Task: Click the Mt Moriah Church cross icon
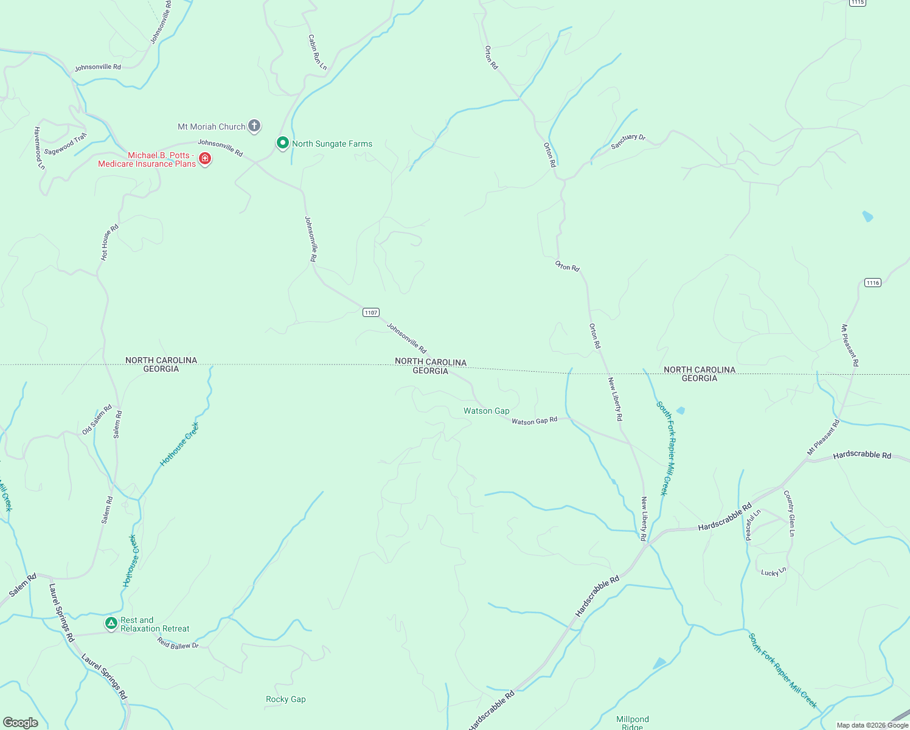pyautogui.click(x=254, y=126)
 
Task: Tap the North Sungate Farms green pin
pyautogui.click(x=282, y=143)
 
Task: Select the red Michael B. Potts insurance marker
pyautogui.click(x=205, y=159)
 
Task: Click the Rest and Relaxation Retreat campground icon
pyautogui.click(x=111, y=623)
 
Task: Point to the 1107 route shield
pyautogui.click(x=371, y=312)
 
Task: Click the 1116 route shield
pyautogui.click(x=872, y=282)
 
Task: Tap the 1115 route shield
pyautogui.click(x=857, y=2)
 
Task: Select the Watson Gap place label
pyautogui.click(x=486, y=411)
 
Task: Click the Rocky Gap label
pyautogui.click(x=285, y=699)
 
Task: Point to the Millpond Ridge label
pyautogui.click(x=633, y=722)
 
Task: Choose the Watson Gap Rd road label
pyautogui.click(x=534, y=420)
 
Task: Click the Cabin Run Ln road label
pyautogui.click(x=317, y=52)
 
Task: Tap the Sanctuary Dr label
pyautogui.click(x=628, y=141)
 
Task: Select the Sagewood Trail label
pyautogui.click(x=66, y=144)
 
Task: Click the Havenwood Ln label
pyautogui.click(x=40, y=148)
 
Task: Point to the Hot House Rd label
pyautogui.click(x=109, y=242)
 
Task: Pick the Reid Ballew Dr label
pyautogui.click(x=178, y=644)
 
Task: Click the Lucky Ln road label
pyautogui.click(x=774, y=572)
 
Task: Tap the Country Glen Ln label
pyautogui.click(x=789, y=513)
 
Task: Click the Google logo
pyautogui.click(x=20, y=722)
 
